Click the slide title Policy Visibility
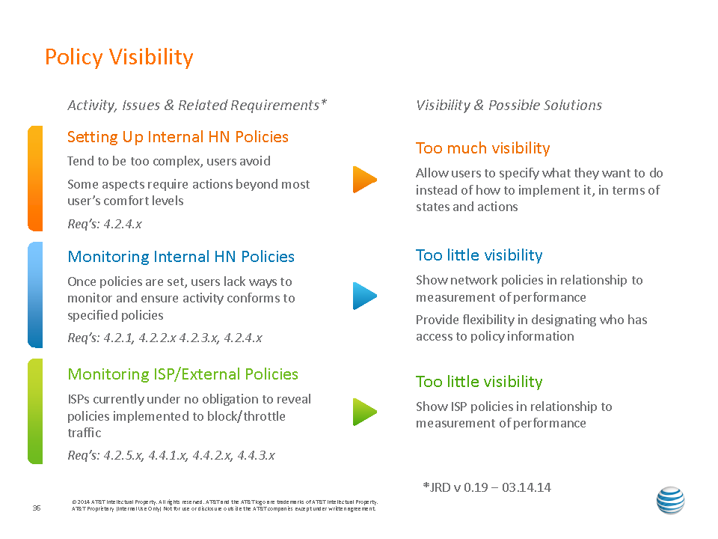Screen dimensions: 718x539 click(119, 58)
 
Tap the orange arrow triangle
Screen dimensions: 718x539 click(364, 179)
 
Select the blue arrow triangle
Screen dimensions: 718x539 click(364, 296)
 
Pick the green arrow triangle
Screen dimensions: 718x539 click(364, 412)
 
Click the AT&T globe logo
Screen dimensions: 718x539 click(670, 500)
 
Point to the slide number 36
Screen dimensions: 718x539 click(37, 508)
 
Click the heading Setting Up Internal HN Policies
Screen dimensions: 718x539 click(178, 137)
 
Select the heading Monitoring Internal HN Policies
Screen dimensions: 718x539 click(181, 257)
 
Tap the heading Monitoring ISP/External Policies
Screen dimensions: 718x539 click(182, 374)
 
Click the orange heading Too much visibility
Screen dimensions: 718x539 click(482, 148)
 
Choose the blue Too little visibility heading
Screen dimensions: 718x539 click(479, 255)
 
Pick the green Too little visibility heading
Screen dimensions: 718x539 click(479, 381)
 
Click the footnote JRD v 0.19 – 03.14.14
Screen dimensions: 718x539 click(487, 487)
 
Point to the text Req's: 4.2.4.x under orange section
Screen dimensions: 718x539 click(105, 224)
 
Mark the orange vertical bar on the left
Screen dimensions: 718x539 click(35, 178)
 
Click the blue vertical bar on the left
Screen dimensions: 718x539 click(35, 295)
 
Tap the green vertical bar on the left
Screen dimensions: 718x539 click(35, 411)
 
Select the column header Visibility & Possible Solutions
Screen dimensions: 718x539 click(509, 105)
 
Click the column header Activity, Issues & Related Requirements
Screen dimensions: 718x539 click(197, 105)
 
